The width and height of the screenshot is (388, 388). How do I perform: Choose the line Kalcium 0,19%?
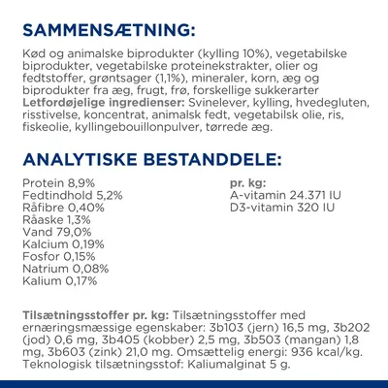coord(58,249)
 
